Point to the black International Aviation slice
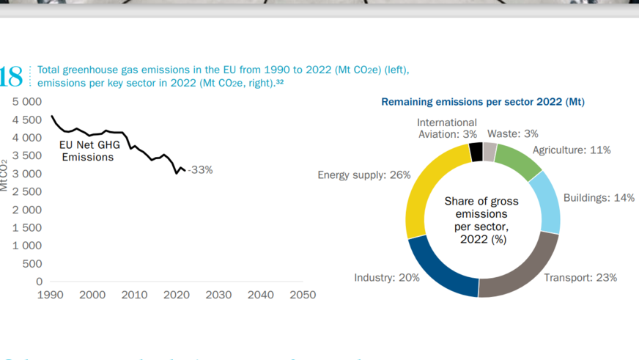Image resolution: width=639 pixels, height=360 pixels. (x=476, y=152)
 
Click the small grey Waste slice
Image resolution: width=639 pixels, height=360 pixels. (x=490, y=152)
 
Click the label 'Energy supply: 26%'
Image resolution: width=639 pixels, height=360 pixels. (x=363, y=175)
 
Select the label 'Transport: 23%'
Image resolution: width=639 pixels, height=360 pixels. (x=580, y=278)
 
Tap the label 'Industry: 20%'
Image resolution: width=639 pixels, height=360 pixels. (x=387, y=278)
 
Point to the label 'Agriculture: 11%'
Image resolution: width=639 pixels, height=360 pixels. (x=572, y=150)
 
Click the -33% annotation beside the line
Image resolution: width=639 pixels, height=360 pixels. (x=200, y=170)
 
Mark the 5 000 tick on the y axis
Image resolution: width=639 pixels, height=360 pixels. (x=27, y=102)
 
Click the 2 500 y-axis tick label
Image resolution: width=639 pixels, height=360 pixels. (x=27, y=191)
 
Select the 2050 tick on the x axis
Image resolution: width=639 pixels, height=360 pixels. (x=303, y=295)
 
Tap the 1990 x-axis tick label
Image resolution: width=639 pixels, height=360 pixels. (x=50, y=295)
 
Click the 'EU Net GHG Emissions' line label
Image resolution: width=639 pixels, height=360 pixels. (x=87, y=151)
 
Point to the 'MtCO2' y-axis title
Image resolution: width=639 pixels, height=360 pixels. (x=4, y=175)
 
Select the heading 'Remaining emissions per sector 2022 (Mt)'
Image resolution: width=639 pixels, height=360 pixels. (x=483, y=102)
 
